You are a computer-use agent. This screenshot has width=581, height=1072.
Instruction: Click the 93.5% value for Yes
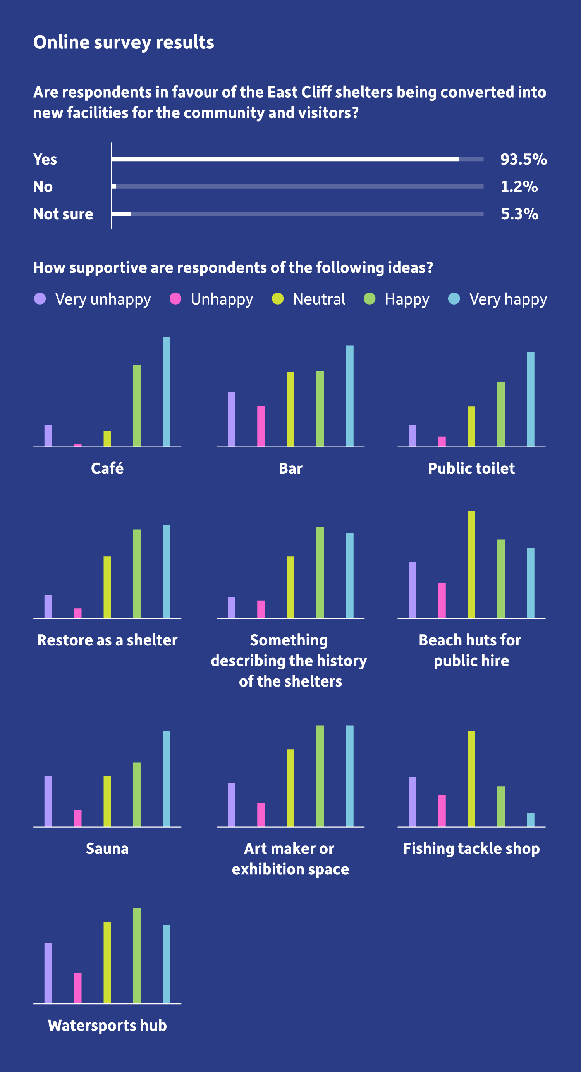click(x=523, y=159)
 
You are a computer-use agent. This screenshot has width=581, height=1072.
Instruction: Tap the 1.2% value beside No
click(x=519, y=187)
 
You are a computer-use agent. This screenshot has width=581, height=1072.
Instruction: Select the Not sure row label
click(x=63, y=214)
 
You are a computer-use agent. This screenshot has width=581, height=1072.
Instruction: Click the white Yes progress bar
click(x=285, y=159)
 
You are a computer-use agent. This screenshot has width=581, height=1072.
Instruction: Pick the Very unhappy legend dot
click(x=40, y=299)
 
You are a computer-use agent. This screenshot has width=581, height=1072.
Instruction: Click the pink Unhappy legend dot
click(x=175, y=299)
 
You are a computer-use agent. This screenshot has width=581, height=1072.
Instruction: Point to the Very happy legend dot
click(x=454, y=299)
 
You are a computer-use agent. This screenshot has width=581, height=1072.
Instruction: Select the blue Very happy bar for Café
click(x=167, y=392)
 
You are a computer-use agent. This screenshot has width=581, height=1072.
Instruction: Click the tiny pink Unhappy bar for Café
click(x=78, y=445)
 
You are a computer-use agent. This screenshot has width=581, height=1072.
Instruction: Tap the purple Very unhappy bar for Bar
click(x=231, y=419)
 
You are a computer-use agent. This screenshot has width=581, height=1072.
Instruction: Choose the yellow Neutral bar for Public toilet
click(x=471, y=427)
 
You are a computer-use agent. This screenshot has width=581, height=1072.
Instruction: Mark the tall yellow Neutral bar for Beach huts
click(x=471, y=565)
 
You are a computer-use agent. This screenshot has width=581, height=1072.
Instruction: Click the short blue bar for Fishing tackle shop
click(x=531, y=819)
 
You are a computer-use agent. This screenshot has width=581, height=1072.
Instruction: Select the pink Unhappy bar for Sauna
click(x=78, y=818)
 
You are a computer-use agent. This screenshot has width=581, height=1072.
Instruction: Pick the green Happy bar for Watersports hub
click(x=137, y=956)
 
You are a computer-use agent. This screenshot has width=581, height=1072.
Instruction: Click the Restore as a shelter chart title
click(x=107, y=640)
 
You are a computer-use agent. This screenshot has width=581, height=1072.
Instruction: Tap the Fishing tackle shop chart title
click(x=471, y=848)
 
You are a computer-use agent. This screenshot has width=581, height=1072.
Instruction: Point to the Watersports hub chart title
click(x=107, y=1026)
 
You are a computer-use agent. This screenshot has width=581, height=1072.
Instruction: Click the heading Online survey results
click(x=124, y=43)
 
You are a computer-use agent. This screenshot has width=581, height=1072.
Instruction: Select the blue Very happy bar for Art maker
click(x=350, y=776)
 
